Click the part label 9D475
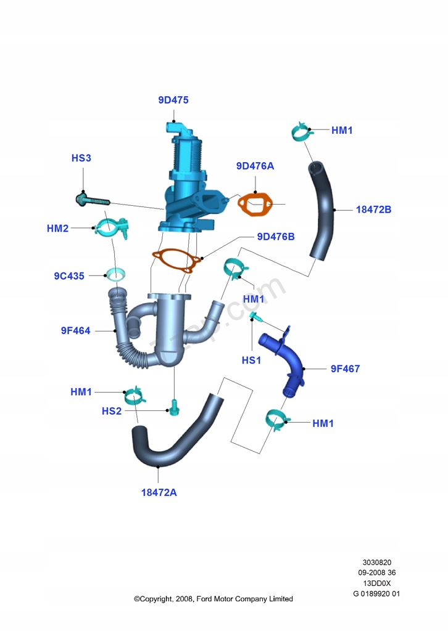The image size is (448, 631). coord(173,99)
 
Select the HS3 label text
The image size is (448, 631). coord(81,158)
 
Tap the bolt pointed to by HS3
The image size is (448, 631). coord(93,200)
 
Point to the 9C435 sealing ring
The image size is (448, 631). coord(115,273)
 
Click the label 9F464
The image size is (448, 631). coord(75,331)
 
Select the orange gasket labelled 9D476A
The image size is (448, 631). coord(255,205)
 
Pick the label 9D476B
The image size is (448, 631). coord(276,237)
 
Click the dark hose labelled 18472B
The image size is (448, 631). coord(323,210)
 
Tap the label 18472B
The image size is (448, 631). coord(373,210)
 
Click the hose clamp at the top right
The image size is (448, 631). coord(300,132)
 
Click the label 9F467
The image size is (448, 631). coord(345,369)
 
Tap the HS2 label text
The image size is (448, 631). coord(112,411)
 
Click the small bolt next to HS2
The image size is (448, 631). coord(173,407)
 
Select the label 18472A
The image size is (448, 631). coord(159,493)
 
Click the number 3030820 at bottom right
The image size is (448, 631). coord(376,563)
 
